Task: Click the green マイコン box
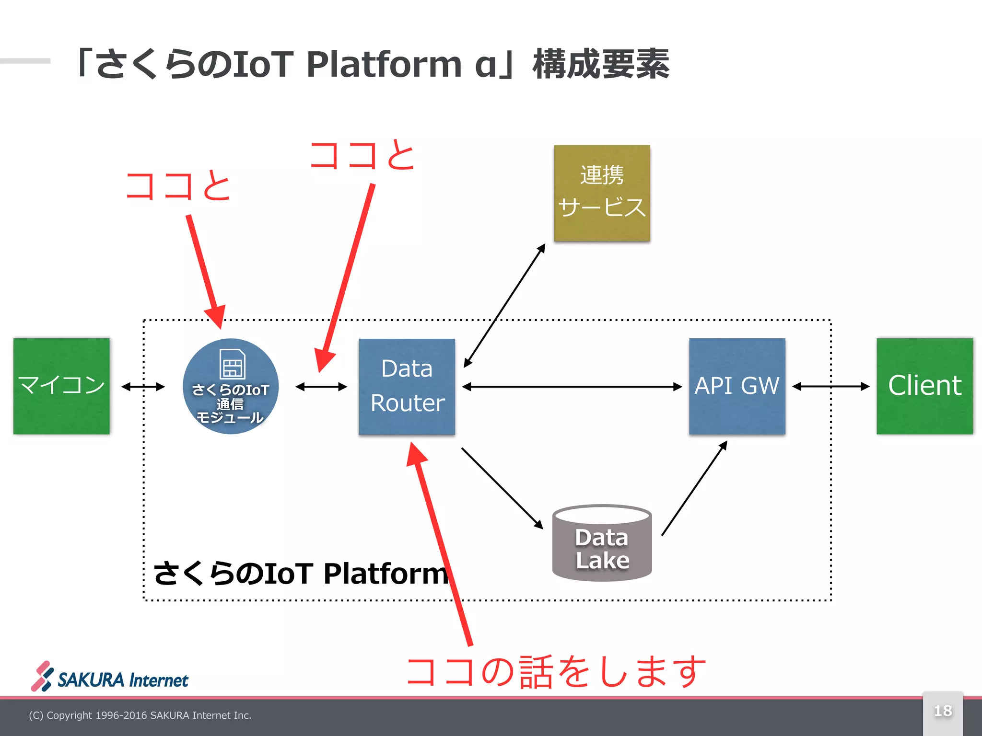point(61,386)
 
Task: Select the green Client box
point(924,386)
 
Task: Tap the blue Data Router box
point(407,386)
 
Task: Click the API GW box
point(737,386)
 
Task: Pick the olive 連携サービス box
point(602,193)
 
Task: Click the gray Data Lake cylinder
point(602,546)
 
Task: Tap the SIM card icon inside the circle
point(233,364)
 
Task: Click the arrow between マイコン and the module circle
point(143,387)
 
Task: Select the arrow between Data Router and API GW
point(572,387)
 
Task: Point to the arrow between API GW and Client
point(830,386)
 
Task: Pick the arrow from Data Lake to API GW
point(694,488)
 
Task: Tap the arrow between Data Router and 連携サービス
point(504,306)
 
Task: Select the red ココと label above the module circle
point(178,186)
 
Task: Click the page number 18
point(943,711)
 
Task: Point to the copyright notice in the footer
point(140,715)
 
